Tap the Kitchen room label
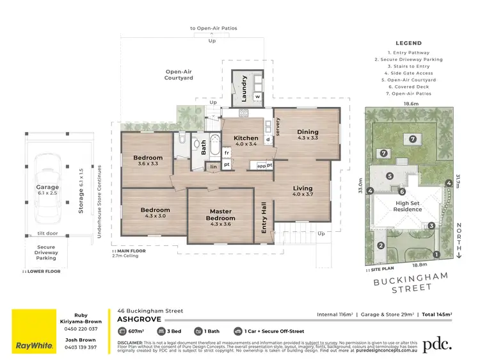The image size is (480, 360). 246,138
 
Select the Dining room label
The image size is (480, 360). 307,132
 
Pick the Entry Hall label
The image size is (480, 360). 264,218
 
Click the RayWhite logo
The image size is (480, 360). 35,345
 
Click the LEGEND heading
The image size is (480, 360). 409,43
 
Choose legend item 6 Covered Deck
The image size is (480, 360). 409,87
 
